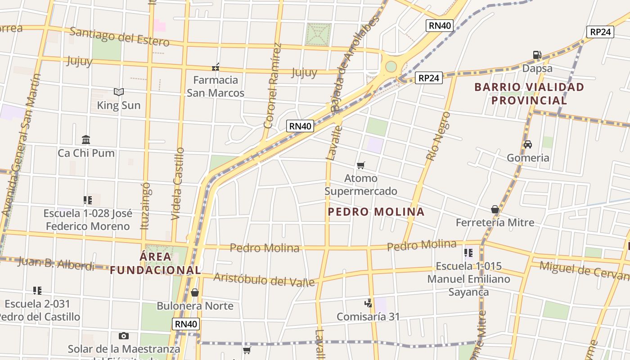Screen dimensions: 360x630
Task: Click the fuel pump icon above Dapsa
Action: [537, 55]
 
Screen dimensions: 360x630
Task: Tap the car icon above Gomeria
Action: [528, 144]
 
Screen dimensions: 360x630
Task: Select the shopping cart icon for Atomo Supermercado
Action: [361, 165]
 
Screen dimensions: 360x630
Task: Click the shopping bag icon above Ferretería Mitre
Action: [495, 209]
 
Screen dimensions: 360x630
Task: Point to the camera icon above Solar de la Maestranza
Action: [123, 336]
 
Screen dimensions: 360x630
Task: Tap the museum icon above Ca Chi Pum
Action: [86, 139]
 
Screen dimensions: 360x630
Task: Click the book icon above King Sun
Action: [119, 92]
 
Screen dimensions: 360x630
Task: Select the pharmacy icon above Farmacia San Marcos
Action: [216, 67]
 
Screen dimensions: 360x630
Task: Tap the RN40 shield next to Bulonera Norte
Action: [185, 324]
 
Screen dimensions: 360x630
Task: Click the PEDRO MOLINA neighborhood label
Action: [376, 211]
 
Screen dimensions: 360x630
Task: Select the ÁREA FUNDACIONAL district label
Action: [155, 263]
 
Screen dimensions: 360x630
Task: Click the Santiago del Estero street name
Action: [119, 37]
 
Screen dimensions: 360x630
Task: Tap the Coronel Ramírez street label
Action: [273, 85]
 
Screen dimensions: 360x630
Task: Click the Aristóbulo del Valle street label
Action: [264, 279]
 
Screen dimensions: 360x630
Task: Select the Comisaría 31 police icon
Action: [369, 303]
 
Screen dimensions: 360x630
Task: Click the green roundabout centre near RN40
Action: [391, 67]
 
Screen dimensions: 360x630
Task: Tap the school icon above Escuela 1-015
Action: [468, 253]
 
